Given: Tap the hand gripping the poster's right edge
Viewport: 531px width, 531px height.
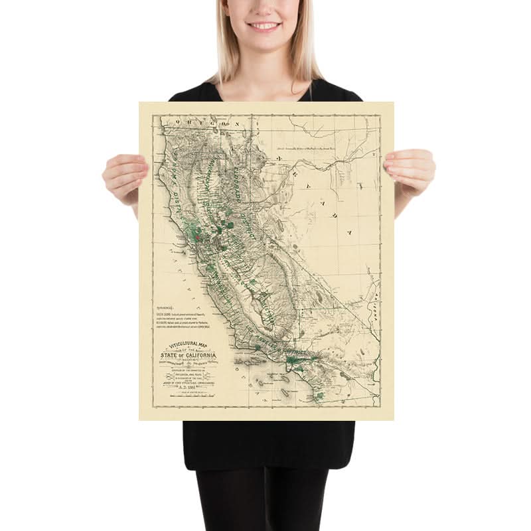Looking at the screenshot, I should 410,173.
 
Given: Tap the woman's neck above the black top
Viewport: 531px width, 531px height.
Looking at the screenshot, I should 264,70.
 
